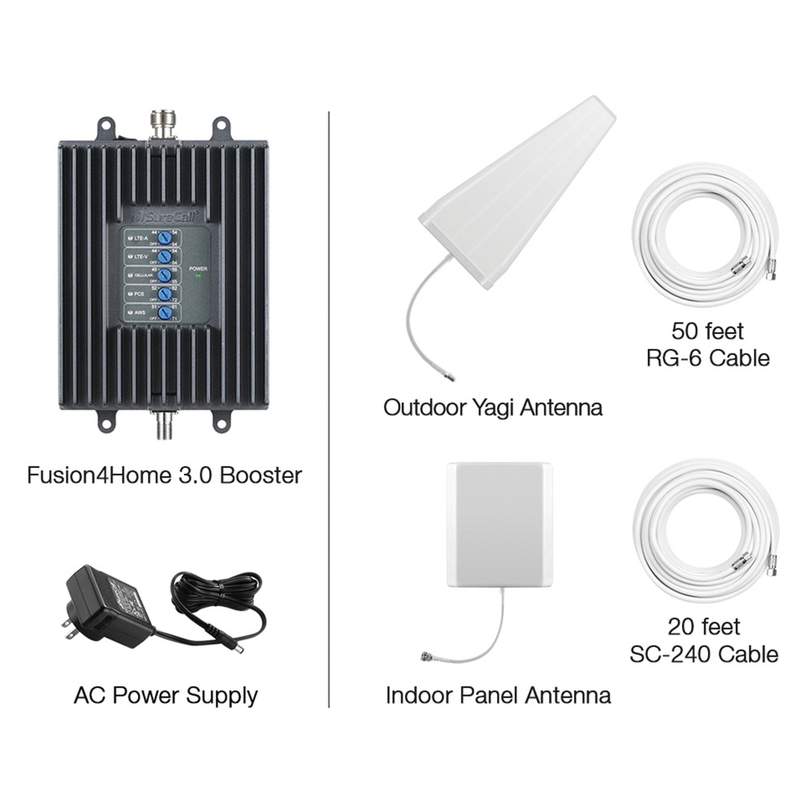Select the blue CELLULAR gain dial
164,276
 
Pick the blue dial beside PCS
164,294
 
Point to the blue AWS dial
164,313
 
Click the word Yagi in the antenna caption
489,407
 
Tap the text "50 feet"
707,331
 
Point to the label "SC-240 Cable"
704,654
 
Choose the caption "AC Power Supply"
165,695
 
